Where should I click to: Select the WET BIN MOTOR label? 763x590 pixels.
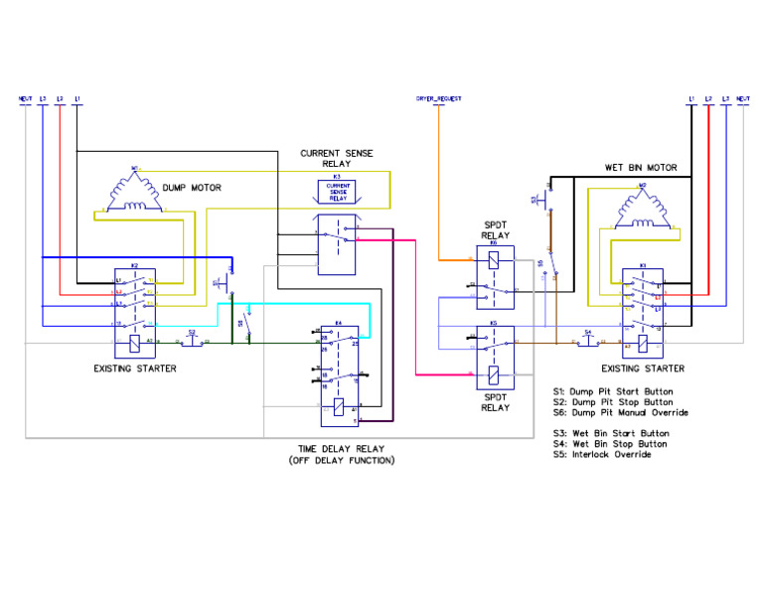640,168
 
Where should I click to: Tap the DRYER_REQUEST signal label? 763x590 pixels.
438,98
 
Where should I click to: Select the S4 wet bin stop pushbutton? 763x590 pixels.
588,340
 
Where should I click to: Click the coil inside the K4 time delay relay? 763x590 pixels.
340,406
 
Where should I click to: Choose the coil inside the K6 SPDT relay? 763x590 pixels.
494,261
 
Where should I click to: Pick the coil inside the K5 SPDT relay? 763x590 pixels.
494,374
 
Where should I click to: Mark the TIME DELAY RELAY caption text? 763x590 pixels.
341,449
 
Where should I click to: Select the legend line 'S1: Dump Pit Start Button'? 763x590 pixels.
621,390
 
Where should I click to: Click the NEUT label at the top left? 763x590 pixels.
25,98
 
